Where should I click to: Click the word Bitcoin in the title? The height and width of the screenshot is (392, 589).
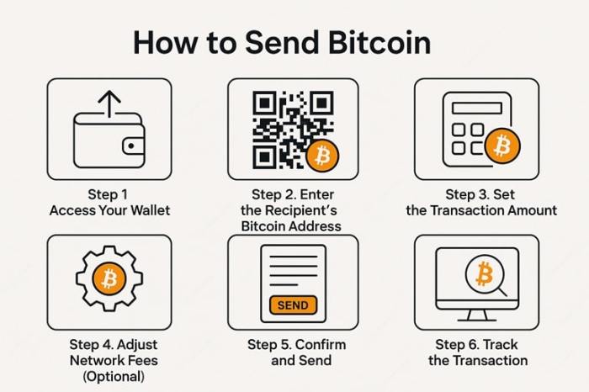(x=379, y=42)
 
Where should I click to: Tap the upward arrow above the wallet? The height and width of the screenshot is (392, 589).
(x=109, y=103)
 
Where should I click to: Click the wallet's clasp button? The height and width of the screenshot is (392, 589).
(x=131, y=146)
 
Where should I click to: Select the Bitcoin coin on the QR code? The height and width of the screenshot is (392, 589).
(x=322, y=156)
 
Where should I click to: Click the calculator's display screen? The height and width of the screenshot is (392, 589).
(x=477, y=109)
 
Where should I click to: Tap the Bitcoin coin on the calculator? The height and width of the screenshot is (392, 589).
(x=502, y=146)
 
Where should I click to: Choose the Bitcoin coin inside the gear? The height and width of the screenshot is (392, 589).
(x=109, y=278)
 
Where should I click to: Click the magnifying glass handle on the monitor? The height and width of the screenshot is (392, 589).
(x=501, y=290)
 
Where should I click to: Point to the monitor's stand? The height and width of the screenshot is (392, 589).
(x=477, y=315)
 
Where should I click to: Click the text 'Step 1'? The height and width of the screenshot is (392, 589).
(x=108, y=194)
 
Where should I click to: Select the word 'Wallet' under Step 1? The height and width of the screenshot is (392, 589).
(x=151, y=210)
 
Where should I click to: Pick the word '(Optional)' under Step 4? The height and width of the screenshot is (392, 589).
(x=113, y=376)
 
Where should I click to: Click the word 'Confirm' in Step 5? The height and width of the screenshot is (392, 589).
(x=321, y=345)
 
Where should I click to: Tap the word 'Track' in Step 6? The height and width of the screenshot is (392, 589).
(x=500, y=345)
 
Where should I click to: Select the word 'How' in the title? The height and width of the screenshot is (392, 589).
(x=165, y=42)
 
